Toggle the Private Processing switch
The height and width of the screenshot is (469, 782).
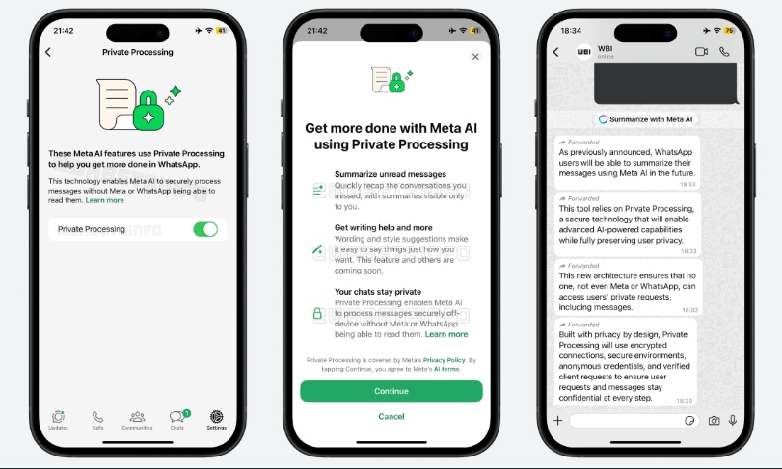(205, 229)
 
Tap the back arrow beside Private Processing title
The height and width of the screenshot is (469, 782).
(48, 52)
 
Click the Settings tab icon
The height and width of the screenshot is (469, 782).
(216, 416)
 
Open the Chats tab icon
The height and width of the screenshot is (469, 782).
(178, 416)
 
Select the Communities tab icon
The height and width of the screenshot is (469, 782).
(138, 416)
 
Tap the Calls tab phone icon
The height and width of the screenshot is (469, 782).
(97, 416)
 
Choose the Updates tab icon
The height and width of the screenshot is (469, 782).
(59, 416)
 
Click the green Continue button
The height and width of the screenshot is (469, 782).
(391, 391)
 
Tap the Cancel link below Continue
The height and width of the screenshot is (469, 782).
(391, 417)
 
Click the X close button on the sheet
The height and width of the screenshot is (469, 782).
(475, 57)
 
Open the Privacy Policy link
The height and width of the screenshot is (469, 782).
(444, 360)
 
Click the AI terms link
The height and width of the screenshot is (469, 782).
(446, 369)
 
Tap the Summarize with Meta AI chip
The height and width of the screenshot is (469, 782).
(645, 119)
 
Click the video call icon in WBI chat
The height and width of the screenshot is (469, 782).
(701, 52)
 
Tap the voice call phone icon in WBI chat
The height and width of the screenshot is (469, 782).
(725, 52)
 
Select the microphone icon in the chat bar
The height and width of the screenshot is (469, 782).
(733, 421)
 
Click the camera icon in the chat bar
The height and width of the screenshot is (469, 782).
(715, 421)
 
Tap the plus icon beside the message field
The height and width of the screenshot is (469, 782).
(557, 421)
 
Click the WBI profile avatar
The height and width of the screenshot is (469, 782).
(583, 51)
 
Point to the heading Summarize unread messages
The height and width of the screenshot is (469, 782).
(391, 174)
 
